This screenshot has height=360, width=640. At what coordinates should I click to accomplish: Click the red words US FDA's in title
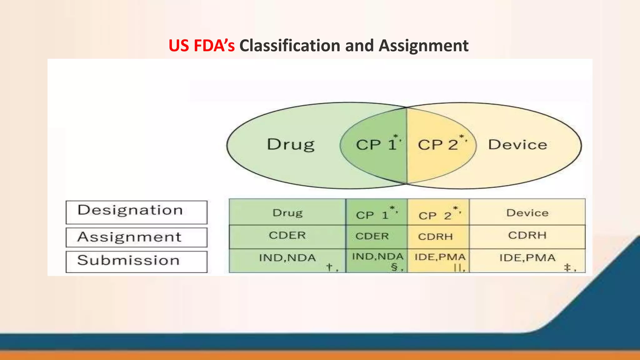pos(201,46)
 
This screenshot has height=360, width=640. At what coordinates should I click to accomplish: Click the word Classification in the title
pos(290,46)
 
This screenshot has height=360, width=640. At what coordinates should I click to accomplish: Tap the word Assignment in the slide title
pos(423,46)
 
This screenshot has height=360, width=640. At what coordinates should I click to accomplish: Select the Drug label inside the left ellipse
pos(291,145)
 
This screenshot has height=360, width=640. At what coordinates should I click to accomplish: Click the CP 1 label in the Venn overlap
pos(377,145)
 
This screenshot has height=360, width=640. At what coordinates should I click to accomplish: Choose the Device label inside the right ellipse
pos(517,145)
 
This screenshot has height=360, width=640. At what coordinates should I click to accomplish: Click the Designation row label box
pos(137,212)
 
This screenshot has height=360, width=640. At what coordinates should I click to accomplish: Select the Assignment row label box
pos(137,237)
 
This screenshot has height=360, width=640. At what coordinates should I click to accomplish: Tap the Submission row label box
pos(137,261)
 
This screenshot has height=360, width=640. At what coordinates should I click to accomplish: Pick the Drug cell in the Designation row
pos(287,213)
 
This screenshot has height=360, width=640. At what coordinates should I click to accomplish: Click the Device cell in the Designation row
pos(527,213)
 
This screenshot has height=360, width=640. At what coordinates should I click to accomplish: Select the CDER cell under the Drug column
pos(287,235)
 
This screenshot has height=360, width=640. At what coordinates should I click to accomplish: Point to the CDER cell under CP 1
pos(372,236)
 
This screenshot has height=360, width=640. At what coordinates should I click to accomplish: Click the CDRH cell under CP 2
pos(435,237)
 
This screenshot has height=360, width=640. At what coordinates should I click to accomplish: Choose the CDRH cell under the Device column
pos(527,235)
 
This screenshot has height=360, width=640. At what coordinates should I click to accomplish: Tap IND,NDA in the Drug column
pos(287,258)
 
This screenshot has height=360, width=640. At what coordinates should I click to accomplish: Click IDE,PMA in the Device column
pos(527,258)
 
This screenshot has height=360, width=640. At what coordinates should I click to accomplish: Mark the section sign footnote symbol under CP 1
pos(394,267)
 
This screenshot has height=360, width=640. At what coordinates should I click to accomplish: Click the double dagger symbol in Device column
pos(567,267)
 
